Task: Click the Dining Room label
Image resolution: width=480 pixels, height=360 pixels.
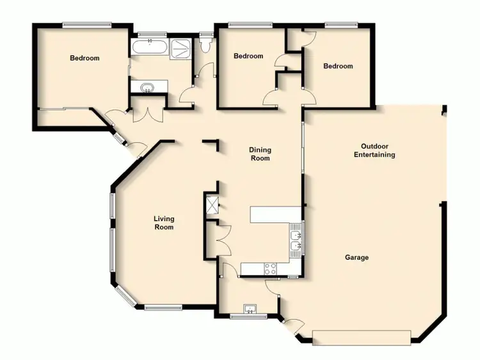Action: click(260, 154)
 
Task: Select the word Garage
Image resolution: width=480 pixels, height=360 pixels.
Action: click(356, 258)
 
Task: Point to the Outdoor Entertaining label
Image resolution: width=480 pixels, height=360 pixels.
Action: click(374, 150)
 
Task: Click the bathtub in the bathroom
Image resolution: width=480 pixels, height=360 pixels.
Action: click(149, 48)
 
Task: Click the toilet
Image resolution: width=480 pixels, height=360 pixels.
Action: click(205, 45)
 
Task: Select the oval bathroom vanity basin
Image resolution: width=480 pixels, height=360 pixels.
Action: click(148, 87)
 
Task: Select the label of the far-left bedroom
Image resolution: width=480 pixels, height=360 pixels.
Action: click(84, 58)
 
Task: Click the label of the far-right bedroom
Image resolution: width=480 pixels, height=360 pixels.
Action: click(337, 66)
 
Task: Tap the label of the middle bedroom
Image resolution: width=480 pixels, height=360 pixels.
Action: click(248, 56)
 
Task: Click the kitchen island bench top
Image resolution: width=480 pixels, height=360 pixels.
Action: click(275, 214)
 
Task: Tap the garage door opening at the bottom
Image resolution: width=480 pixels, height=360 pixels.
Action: click(362, 337)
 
